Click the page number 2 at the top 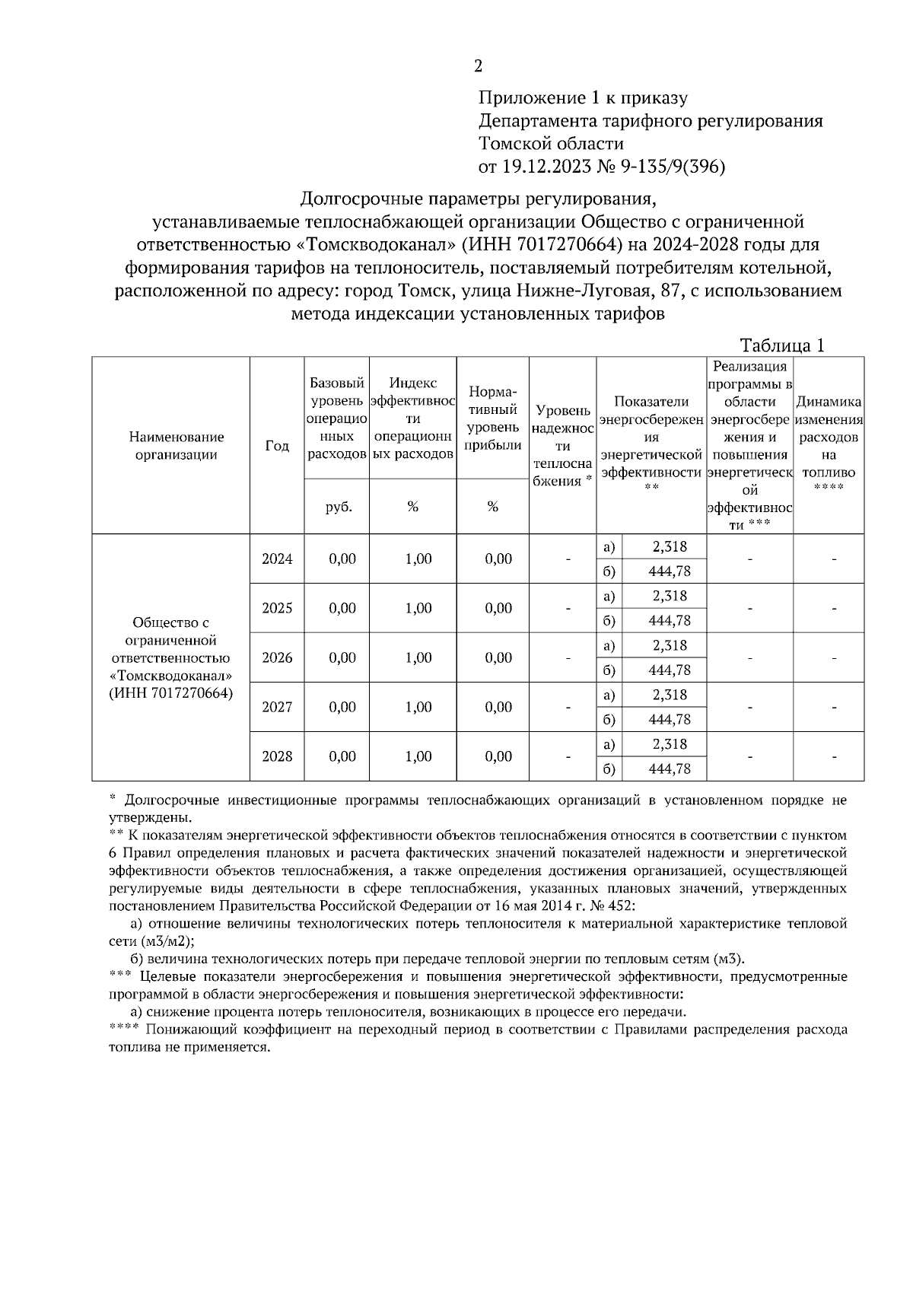(x=478, y=66)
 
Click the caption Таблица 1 (x=782, y=345)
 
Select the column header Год (x=277, y=446)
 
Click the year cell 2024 (x=277, y=559)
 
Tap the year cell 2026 (x=277, y=658)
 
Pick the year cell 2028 (x=277, y=757)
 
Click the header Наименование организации (x=177, y=446)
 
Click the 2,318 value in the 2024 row (x=669, y=547)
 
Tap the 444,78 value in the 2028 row (x=669, y=769)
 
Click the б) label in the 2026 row (x=609, y=670)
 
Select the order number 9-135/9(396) (x=674, y=167)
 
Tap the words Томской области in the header (x=551, y=144)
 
